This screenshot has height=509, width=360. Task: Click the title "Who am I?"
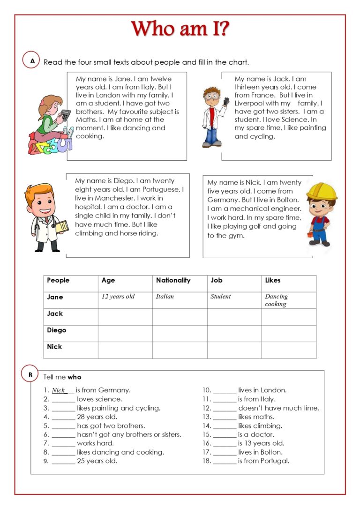click(x=180, y=29)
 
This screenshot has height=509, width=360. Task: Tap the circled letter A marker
click(x=31, y=60)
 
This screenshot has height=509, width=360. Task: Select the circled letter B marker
click(x=30, y=374)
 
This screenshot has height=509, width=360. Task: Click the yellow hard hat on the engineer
click(x=322, y=190)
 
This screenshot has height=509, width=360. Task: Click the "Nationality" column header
click(x=173, y=280)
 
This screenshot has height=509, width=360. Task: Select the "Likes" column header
click(x=273, y=280)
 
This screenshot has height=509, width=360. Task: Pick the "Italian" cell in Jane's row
click(x=165, y=296)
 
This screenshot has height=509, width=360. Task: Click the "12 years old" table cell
click(x=118, y=296)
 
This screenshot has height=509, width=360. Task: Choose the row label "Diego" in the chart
click(x=57, y=330)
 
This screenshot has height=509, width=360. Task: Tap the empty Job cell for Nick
click(x=234, y=350)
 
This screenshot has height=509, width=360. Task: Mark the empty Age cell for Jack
click(x=125, y=316)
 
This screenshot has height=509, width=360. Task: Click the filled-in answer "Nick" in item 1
click(x=59, y=390)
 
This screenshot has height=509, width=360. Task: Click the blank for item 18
click(x=225, y=461)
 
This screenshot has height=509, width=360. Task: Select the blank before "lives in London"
click(x=225, y=390)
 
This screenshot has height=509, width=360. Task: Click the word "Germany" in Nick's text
click(x=224, y=200)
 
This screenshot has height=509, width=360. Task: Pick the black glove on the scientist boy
click(x=226, y=101)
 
